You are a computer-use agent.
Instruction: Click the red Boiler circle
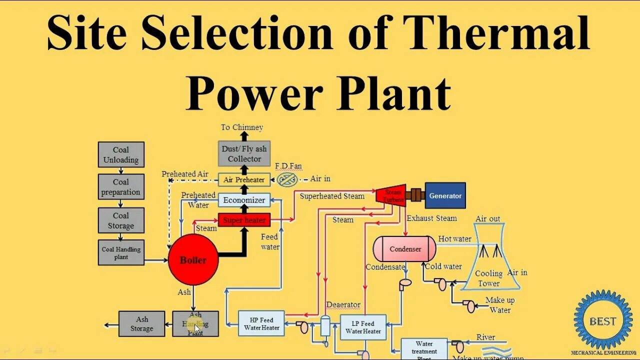click(193, 260)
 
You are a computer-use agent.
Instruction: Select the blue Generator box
click(445, 195)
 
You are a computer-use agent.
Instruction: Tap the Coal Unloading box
click(121, 154)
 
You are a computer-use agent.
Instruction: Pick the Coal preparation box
click(121, 187)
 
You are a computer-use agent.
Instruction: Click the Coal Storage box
click(121, 220)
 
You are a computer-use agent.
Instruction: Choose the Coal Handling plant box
click(121, 252)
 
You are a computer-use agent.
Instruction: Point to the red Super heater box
click(244, 220)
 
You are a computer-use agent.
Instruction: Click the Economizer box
click(244, 200)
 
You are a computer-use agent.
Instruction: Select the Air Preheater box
click(244, 179)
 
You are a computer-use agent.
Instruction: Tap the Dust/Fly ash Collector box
click(244, 153)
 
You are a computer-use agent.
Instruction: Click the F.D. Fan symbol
click(287, 179)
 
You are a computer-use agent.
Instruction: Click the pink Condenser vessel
click(405, 249)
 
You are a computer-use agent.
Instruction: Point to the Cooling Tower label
click(488, 278)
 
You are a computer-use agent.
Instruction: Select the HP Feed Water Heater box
click(261, 323)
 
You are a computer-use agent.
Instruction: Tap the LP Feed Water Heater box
click(363, 327)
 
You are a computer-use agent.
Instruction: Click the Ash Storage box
click(142, 323)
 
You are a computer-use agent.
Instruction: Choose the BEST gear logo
click(603, 320)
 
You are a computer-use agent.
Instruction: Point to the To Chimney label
click(242, 127)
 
